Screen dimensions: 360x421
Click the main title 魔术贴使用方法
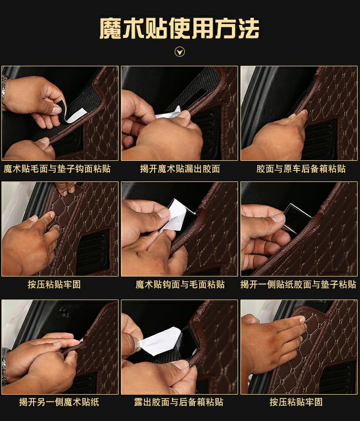tap(180, 28)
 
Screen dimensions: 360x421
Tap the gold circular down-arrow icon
tap(180, 51)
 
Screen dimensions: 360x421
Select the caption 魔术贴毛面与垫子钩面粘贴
tap(57, 169)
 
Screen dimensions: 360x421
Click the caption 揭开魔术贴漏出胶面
tap(180, 169)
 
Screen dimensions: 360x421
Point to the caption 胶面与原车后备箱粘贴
tap(300, 169)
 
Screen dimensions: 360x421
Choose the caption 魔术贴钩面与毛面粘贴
tap(180, 284)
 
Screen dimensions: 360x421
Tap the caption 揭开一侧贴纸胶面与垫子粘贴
tap(298, 284)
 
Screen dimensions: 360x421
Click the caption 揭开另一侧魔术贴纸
tap(59, 402)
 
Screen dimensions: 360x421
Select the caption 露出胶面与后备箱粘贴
tap(179, 402)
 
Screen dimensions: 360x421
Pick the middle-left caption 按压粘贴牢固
tap(54, 284)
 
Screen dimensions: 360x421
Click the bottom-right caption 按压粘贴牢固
tap(296, 402)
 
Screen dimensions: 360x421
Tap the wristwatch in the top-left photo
tap(4, 89)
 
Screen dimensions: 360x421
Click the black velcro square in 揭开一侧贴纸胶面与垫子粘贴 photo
tap(297, 218)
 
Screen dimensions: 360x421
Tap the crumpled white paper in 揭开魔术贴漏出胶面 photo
tap(168, 113)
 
